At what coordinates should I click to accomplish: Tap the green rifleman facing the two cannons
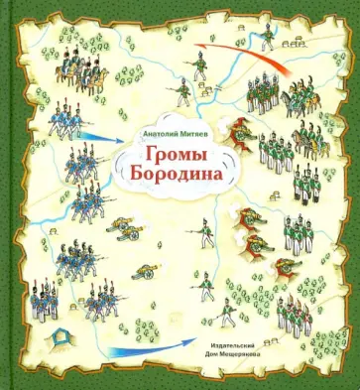point(203,237)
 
